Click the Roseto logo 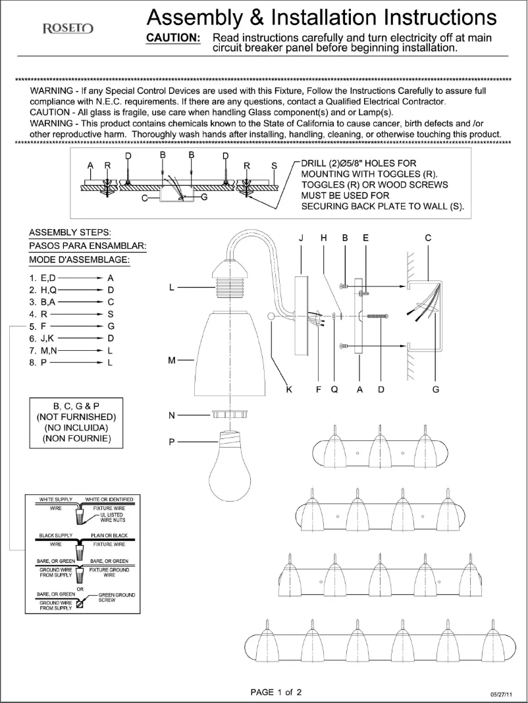point(67,28)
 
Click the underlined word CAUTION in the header point(172,38)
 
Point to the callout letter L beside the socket point(172,287)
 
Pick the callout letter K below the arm point(288,390)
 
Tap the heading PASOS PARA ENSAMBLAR point(88,246)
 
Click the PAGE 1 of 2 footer point(276,692)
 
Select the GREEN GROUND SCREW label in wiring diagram point(117,597)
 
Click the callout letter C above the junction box point(428,238)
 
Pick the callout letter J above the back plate point(302,238)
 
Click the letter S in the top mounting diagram point(274,165)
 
